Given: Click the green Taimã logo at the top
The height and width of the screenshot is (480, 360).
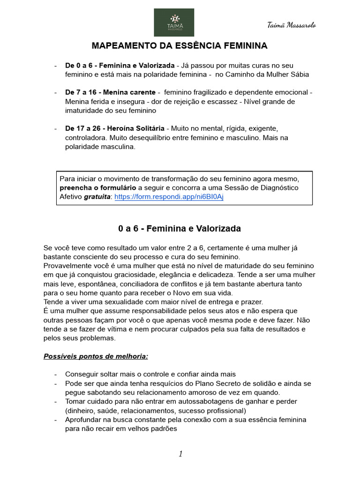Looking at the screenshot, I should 174,22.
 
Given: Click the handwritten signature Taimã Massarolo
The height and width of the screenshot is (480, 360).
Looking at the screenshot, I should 291,25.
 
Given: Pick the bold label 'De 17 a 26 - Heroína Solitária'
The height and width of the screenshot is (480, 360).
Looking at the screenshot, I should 115,128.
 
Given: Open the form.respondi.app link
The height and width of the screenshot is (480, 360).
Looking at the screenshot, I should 169,196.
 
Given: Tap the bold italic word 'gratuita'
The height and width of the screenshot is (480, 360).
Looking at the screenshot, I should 97,196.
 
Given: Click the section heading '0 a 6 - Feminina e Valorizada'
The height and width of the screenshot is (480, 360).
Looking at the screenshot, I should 180,229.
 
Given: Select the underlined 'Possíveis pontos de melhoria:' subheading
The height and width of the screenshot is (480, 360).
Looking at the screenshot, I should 96,356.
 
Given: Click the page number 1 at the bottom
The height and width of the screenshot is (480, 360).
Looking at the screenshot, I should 180,453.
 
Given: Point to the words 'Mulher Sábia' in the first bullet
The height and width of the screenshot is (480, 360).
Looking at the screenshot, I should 289,74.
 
